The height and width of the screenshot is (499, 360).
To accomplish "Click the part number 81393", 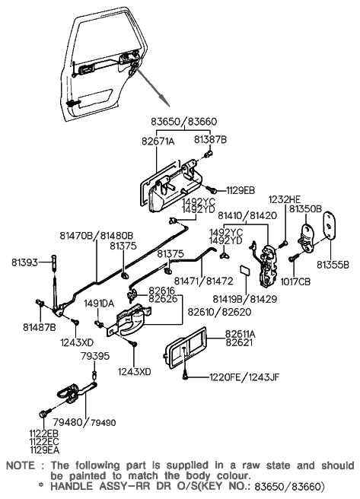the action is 24,262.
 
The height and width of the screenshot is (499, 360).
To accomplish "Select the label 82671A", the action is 158,141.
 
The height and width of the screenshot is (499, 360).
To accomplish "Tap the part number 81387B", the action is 210,140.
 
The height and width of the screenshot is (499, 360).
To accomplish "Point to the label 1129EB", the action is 241,190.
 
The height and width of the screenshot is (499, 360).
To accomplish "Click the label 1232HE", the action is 285,199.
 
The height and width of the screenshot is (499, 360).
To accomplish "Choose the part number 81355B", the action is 333,265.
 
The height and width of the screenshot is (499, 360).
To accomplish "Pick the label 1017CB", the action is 295,281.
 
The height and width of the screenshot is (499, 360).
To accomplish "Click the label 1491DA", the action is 99,304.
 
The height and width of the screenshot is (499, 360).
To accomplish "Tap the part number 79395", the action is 95,356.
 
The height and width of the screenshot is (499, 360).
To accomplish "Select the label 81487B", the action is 40,327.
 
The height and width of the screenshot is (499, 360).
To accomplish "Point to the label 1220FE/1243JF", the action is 244,377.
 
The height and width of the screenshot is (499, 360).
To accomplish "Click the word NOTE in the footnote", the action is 21,466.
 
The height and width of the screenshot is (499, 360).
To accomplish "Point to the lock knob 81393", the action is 53,262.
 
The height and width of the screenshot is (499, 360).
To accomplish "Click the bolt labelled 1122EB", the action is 43,415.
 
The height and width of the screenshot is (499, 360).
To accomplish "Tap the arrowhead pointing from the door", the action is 166,101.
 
